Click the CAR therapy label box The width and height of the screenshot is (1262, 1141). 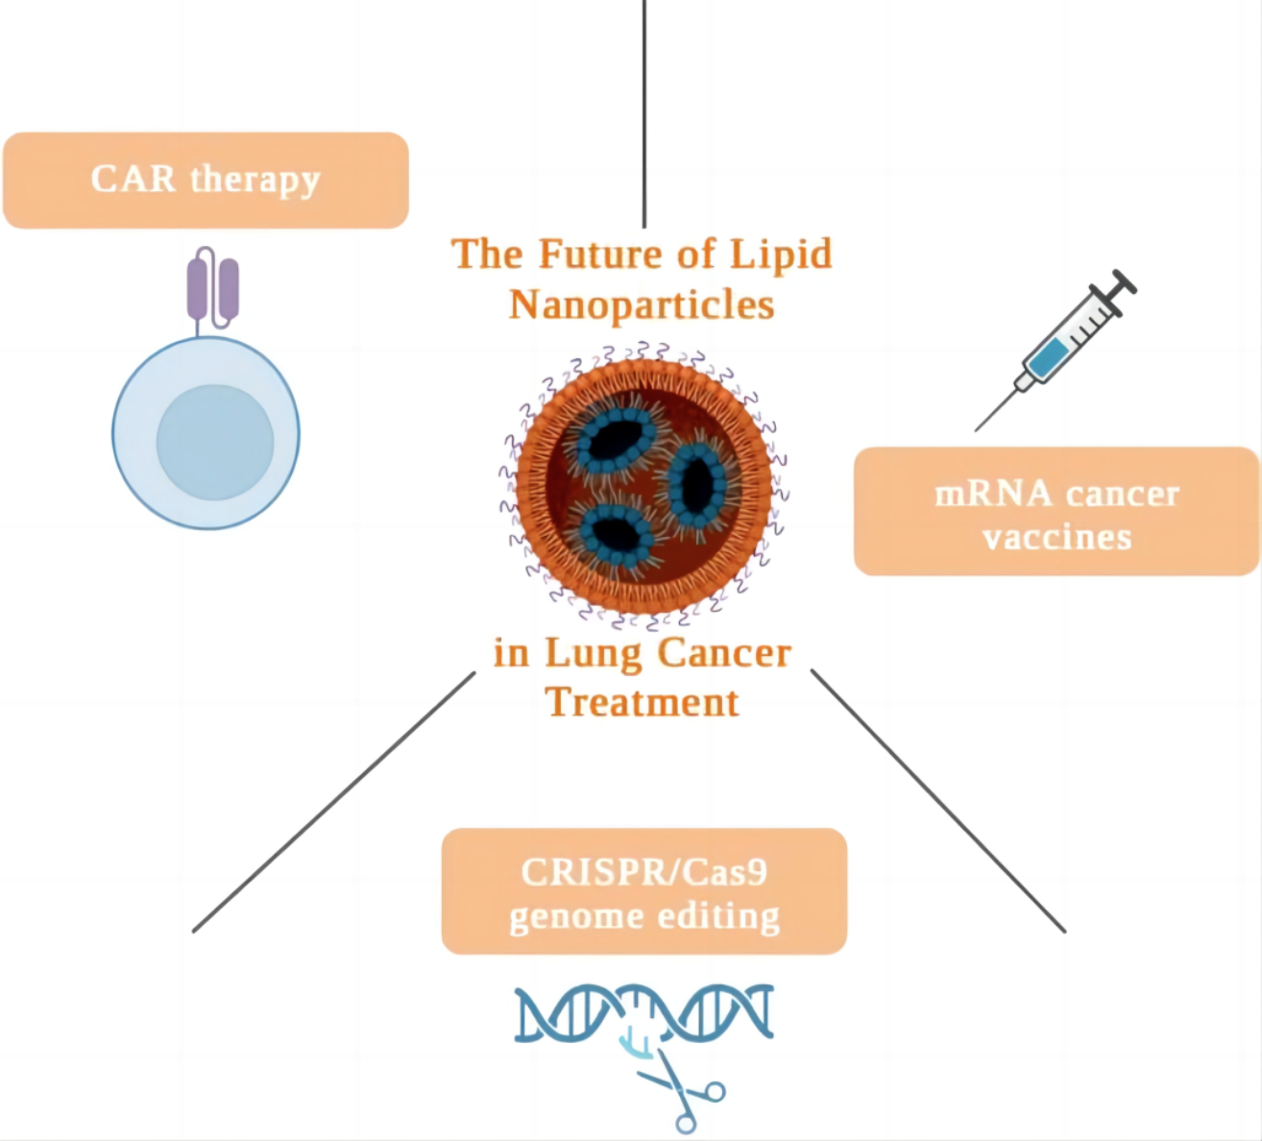(206, 180)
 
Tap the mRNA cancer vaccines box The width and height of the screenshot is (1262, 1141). (1056, 511)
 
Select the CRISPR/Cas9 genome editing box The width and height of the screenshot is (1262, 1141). (644, 891)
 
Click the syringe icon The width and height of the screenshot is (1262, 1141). (1056, 350)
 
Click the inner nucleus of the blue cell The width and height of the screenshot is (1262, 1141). (215, 443)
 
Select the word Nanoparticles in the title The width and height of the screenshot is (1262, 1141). (642, 305)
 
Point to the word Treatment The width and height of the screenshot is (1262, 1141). (642, 702)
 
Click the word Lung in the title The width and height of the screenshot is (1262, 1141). (594, 654)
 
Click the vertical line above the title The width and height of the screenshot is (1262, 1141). (644, 114)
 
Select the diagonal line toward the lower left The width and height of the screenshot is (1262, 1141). (334, 801)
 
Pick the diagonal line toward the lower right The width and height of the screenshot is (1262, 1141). (938, 801)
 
